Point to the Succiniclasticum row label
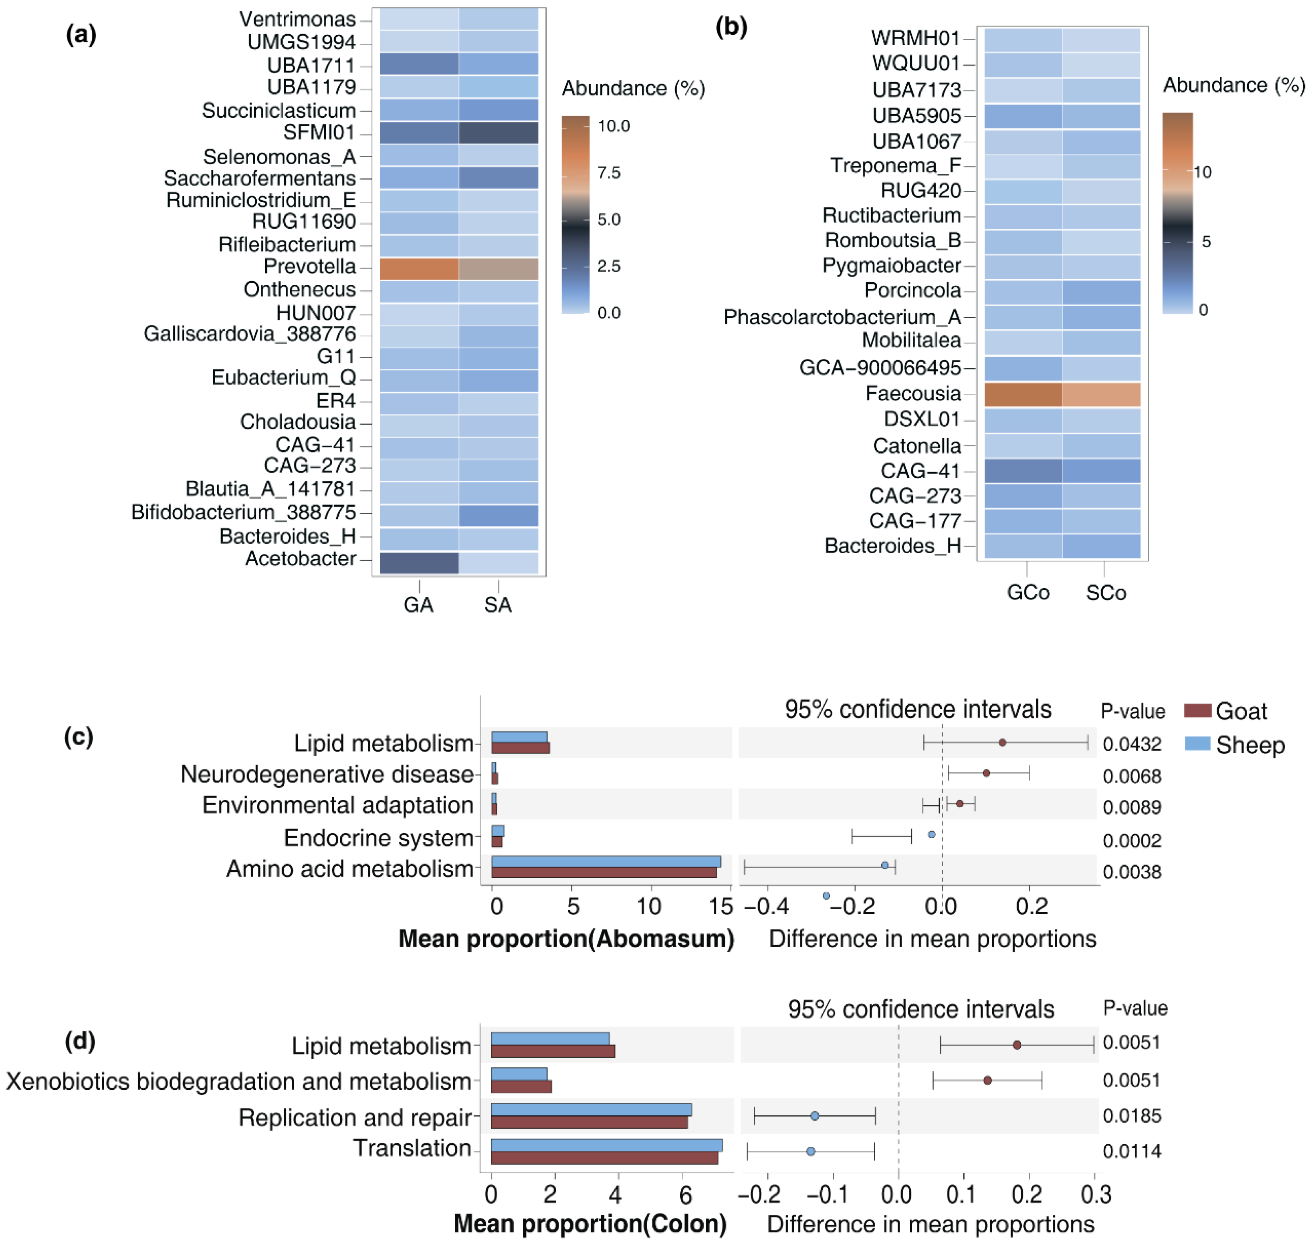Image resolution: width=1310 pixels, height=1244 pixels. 279,110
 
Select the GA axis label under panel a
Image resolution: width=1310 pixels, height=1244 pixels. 418,605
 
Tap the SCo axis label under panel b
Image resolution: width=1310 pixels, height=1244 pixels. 1105,592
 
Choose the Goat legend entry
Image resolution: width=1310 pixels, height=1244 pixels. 1240,711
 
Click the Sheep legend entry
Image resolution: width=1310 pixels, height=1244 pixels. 1249,745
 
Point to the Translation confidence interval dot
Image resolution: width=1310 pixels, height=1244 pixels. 810,1151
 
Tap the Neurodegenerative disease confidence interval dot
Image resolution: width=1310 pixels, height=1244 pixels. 986,773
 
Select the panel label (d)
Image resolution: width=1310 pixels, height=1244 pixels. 80,1040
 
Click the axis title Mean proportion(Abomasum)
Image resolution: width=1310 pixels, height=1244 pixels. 566,939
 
